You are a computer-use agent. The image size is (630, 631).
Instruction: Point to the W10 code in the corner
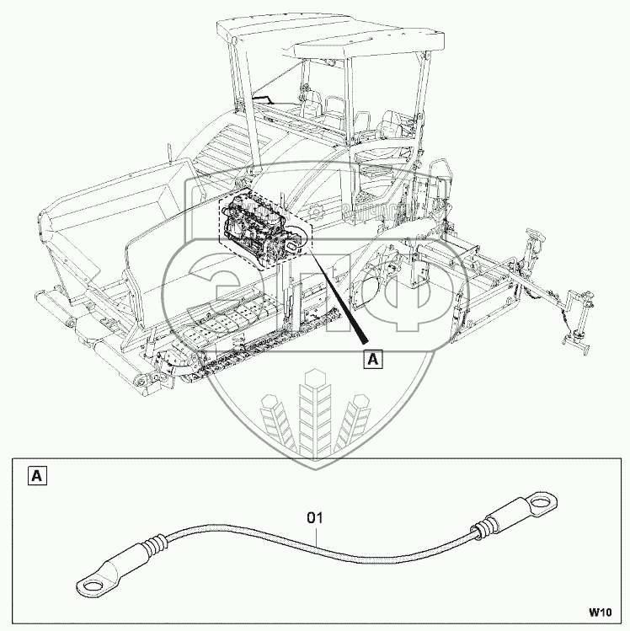coord(599,612)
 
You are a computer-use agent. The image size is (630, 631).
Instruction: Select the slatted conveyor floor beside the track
coord(227,320)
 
